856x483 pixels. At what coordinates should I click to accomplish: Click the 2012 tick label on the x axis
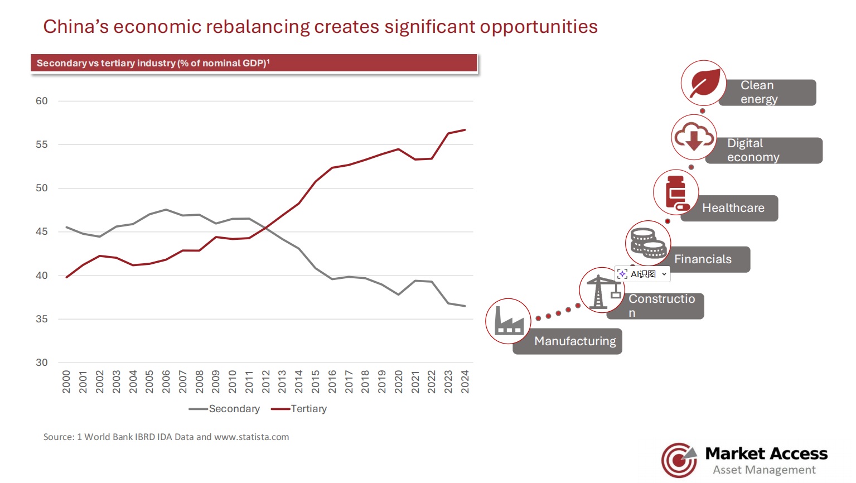266,381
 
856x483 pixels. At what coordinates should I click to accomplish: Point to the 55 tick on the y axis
42,144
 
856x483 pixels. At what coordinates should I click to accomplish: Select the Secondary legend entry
225,409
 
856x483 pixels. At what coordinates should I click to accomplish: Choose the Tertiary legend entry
299,409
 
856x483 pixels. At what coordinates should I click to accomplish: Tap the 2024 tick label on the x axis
465,381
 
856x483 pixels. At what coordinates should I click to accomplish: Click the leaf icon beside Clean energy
704,83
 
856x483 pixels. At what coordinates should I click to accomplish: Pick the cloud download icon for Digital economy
694,137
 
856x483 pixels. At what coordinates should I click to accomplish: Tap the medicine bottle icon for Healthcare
676,192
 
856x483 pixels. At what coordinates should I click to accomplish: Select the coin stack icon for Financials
648,243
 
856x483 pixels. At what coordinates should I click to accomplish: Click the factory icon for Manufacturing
508,321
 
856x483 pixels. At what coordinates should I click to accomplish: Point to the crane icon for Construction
601,290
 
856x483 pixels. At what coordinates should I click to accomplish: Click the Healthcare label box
733,208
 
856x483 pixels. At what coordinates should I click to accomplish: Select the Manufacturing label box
575,341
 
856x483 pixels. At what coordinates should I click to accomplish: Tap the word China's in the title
76,27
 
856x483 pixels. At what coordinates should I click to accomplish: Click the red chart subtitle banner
254,63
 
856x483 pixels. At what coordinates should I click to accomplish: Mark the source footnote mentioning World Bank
166,437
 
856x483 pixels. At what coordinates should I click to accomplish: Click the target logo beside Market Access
679,460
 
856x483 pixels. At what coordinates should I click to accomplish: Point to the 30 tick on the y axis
42,363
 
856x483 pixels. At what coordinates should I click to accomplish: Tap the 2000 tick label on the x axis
66,381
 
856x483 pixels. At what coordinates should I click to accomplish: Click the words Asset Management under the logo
764,470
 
